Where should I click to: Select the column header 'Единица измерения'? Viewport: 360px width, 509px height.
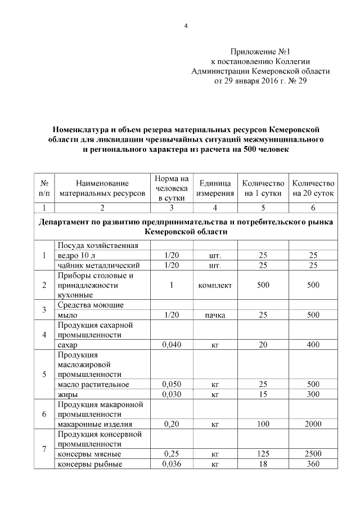pyautogui.click(x=215, y=188)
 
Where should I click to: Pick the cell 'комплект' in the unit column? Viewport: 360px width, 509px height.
pyautogui.click(x=215, y=285)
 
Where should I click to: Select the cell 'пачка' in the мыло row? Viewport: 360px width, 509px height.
pyautogui.click(x=215, y=315)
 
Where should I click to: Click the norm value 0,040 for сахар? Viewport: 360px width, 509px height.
pyautogui.click(x=171, y=345)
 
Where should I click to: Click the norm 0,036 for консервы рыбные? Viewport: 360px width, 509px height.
pyautogui.click(x=171, y=464)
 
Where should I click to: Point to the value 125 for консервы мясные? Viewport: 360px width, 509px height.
pyautogui.click(x=263, y=454)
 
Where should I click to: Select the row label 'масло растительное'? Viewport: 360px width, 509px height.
pyautogui.click(x=93, y=384)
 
